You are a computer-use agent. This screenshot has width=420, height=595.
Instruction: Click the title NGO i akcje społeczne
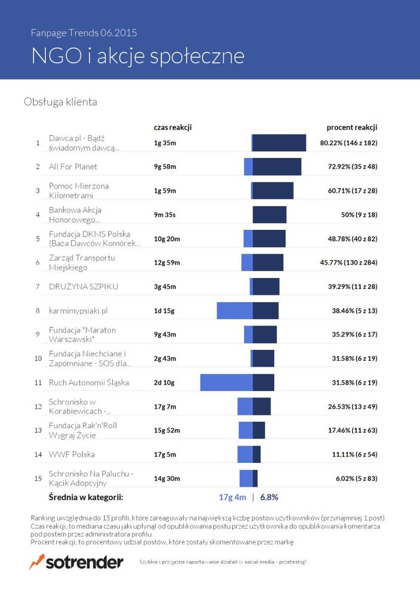(138, 56)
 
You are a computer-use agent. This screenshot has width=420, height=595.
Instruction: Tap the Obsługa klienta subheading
(60, 102)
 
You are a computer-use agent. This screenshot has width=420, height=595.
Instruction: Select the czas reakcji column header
(172, 127)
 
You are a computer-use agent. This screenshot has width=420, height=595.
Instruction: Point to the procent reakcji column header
(352, 127)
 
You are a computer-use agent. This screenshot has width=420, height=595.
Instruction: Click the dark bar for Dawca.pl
(280, 143)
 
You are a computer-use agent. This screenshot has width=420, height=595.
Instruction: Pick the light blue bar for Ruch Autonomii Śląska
(226, 382)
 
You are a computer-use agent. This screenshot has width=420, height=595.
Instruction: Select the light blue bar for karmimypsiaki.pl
(235, 310)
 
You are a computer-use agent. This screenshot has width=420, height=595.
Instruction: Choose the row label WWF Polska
(72, 455)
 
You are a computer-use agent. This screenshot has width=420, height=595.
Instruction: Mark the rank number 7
(38, 286)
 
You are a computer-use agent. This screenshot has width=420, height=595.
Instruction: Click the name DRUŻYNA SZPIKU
(83, 286)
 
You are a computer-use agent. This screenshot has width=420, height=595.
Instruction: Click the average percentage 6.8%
(269, 497)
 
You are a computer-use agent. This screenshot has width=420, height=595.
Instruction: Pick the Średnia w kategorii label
(86, 497)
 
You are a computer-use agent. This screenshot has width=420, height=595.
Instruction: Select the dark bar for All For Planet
(277, 166)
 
